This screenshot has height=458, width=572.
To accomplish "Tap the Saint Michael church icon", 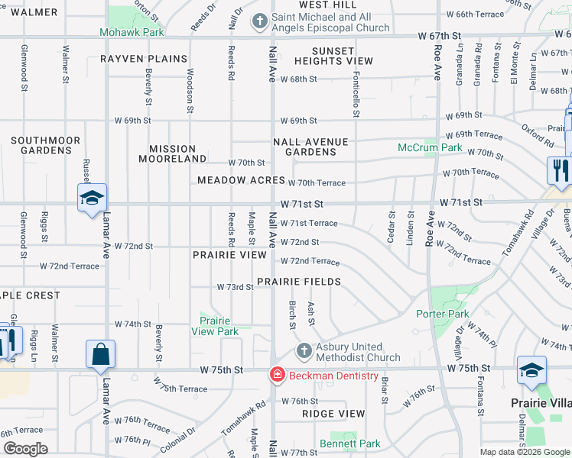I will coord(261,19).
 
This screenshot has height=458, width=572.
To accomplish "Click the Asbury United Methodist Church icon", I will coord(304,351).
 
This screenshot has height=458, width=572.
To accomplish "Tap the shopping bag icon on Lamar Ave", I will coord(100,354).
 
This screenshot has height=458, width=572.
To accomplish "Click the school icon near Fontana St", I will coord(531,369).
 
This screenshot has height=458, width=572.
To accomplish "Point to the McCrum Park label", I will coord(430,147).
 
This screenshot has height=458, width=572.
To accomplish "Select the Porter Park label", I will coord(443,314).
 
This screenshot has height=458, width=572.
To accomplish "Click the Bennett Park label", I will coord(349,443).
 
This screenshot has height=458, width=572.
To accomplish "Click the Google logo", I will coord(26,449).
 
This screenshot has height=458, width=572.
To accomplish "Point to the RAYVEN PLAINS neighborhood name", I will coord(144,59).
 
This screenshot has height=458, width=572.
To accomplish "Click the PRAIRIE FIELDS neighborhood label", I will coord(299,282).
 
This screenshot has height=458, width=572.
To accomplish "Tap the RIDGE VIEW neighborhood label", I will coord(333,413).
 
